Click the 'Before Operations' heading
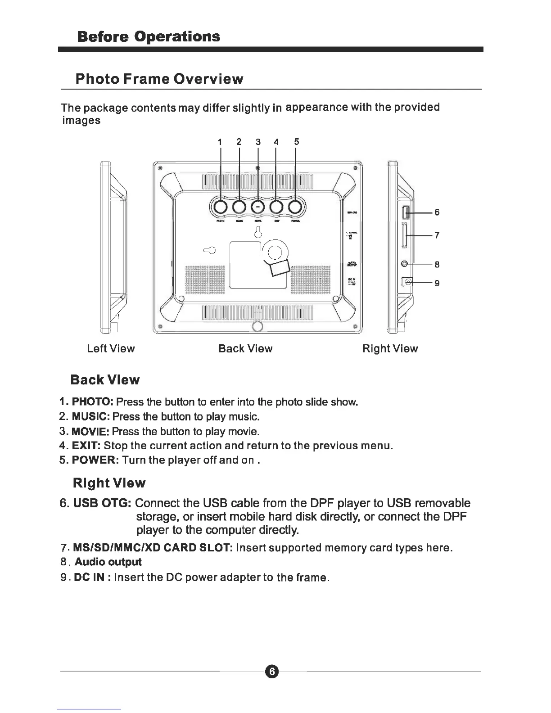[x=149, y=36]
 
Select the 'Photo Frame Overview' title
[x=159, y=79]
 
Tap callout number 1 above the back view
[x=220, y=142]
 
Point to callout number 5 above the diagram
[x=296, y=142]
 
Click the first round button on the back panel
[x=221, y=207]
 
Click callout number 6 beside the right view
[x=437, y=212]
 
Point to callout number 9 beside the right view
[x=437, y=283]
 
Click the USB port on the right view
[x=405, y=211]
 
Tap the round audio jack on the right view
[x=406, y=264]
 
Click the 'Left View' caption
[x=111, y=348]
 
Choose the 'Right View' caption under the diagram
[x=390, y=348]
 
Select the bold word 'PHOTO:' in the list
[x=92, y=402]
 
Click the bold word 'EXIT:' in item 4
[x=86, y=446]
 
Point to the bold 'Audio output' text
[x=108, y=562]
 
